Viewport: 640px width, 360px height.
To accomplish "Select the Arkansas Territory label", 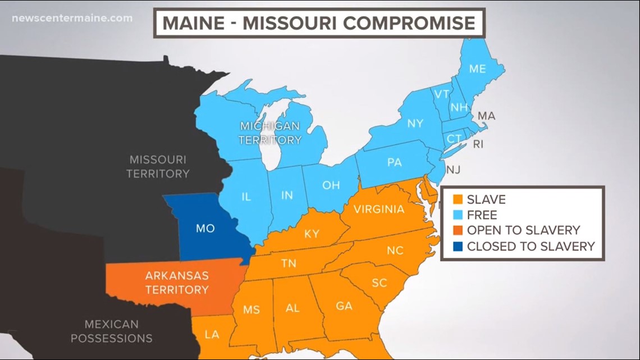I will (x=177, y=283).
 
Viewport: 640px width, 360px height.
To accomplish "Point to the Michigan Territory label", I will (x=270, y=133).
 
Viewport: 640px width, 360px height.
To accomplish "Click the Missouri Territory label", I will (x=158, y=167).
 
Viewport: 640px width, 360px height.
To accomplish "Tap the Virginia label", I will (x=379, y=209).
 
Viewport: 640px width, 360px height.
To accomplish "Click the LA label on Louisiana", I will (x=212, y=335).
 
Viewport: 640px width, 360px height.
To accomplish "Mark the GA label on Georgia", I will (x=344, y=306).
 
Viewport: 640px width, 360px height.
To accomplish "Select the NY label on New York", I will (x=415, y=123).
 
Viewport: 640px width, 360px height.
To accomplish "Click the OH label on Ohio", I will (x=331, y=185).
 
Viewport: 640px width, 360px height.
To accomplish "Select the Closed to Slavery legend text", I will (x=531, y=246).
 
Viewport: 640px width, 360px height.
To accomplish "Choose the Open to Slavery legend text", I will (x=523, y=230).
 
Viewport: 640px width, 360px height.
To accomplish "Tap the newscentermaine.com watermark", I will (x=72, y=18).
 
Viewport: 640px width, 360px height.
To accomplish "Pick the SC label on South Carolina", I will (x=379, y=282).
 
